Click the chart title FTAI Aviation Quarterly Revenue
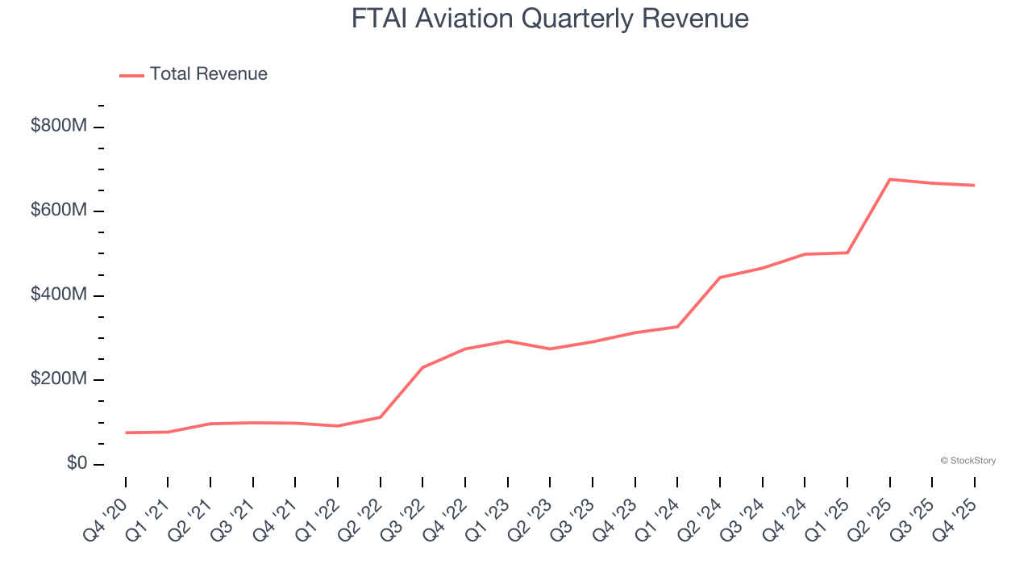click(x=550, y=19)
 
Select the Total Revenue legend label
click(x=208, y=74)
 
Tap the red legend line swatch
click(x=132, y=75)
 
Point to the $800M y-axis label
click(x=58, y=126)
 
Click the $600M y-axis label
click(x=58, y=211)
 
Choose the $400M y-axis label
click(x=58, y=295)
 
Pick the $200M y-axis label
click(x=58, y=379)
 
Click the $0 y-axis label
click(x=77, y=464)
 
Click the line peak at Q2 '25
click(x=889, y=179)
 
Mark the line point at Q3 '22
click(x=422, y=367)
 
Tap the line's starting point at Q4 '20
click(x=126, y=433)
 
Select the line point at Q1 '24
click(x=677, y=327)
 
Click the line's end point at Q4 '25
click(x=974, y=186)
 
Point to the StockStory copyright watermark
click(x=967, y=461)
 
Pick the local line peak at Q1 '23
click(x=507, y=341)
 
